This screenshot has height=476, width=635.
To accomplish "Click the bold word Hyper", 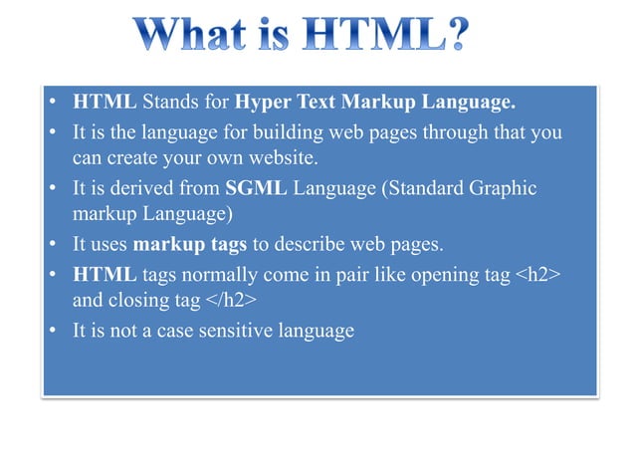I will [x=263, y=103].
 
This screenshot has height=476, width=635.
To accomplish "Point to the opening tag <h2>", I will [x=538, y=274].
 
